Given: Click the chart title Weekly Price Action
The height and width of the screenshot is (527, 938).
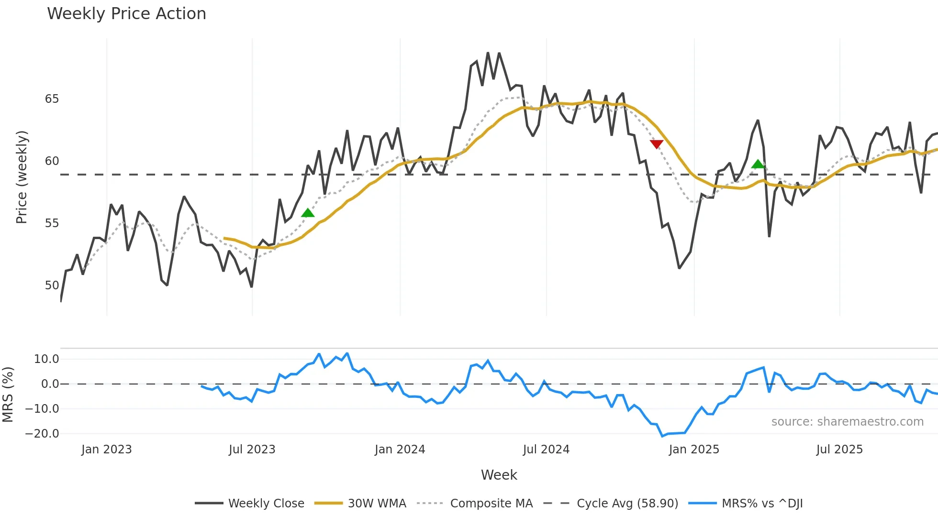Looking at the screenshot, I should [x=126, y=14].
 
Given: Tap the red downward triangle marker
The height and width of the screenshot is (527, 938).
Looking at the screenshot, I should [x=657, y=144].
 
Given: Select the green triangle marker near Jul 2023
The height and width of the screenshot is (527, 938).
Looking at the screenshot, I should [x=308, y=213].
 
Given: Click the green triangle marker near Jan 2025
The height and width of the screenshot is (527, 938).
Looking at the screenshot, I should [x=758, y=164].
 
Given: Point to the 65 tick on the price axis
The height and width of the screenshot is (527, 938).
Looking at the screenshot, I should [x=52, y=99].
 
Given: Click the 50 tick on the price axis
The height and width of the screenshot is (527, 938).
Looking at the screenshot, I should [x=52, y=285].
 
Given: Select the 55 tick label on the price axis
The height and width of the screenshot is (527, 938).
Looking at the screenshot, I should [x=52, y=223].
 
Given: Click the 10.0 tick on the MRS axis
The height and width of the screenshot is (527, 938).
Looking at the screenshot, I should [x=46, y=359].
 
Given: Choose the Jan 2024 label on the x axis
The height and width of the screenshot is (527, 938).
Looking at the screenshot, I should [x=400, y=450].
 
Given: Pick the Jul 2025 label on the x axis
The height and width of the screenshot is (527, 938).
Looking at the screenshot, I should [x=839, y=450].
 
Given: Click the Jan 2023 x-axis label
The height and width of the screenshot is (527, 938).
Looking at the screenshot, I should [x=106, y=450].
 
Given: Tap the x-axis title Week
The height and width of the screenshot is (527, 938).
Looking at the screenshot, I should [x=499, y=475].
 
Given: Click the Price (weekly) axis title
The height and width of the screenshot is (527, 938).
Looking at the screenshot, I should [x=22, y=177].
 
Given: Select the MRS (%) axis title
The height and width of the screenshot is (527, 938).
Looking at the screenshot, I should [x=8, y=395].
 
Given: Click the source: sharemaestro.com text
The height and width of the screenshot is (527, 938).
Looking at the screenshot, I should [x=847, y=422].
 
